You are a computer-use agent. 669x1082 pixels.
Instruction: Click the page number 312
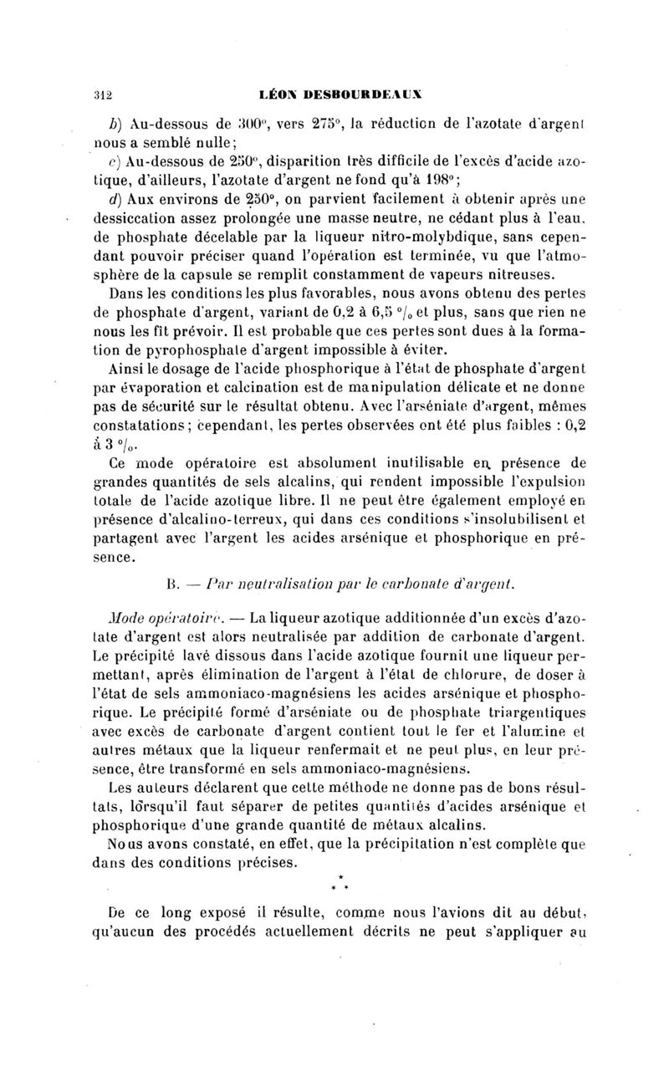[x=103, y=94]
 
